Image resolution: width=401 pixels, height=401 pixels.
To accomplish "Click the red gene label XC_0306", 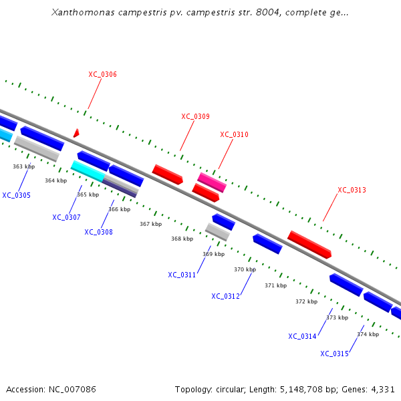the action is [x=102, y=74].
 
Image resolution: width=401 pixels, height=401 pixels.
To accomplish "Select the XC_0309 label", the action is [x=195, y=116].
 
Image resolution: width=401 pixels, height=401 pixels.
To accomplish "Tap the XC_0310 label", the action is [x=234, y=134].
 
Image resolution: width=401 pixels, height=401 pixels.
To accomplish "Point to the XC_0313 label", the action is [x=352, y=190].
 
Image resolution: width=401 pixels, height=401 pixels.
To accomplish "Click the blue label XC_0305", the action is [x=16, y=195].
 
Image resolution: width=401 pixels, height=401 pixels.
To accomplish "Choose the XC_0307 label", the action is [x=66, y=217].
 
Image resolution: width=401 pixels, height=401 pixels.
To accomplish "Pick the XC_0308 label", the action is [x=98, y=232].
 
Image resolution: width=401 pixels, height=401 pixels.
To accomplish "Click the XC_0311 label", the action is [x=182, y=275].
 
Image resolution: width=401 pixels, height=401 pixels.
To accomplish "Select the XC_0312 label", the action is [x=225, y=296].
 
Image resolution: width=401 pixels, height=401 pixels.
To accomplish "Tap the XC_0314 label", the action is [x=302, y=336].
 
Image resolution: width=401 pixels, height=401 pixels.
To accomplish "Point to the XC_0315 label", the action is [x=334, y=354].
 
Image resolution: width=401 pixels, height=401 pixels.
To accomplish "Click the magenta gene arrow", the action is [x=211, y=182].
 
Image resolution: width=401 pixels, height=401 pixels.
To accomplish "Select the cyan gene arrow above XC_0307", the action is [x=87, y=170].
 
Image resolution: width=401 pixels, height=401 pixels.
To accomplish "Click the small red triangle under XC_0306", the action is [x=76, y=133].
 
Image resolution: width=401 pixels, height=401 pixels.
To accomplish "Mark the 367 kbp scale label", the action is [x=150, y=224].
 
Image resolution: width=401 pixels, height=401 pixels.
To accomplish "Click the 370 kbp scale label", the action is [x=245, y=269].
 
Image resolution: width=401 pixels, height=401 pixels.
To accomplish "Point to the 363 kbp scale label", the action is [x=23, y=166].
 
